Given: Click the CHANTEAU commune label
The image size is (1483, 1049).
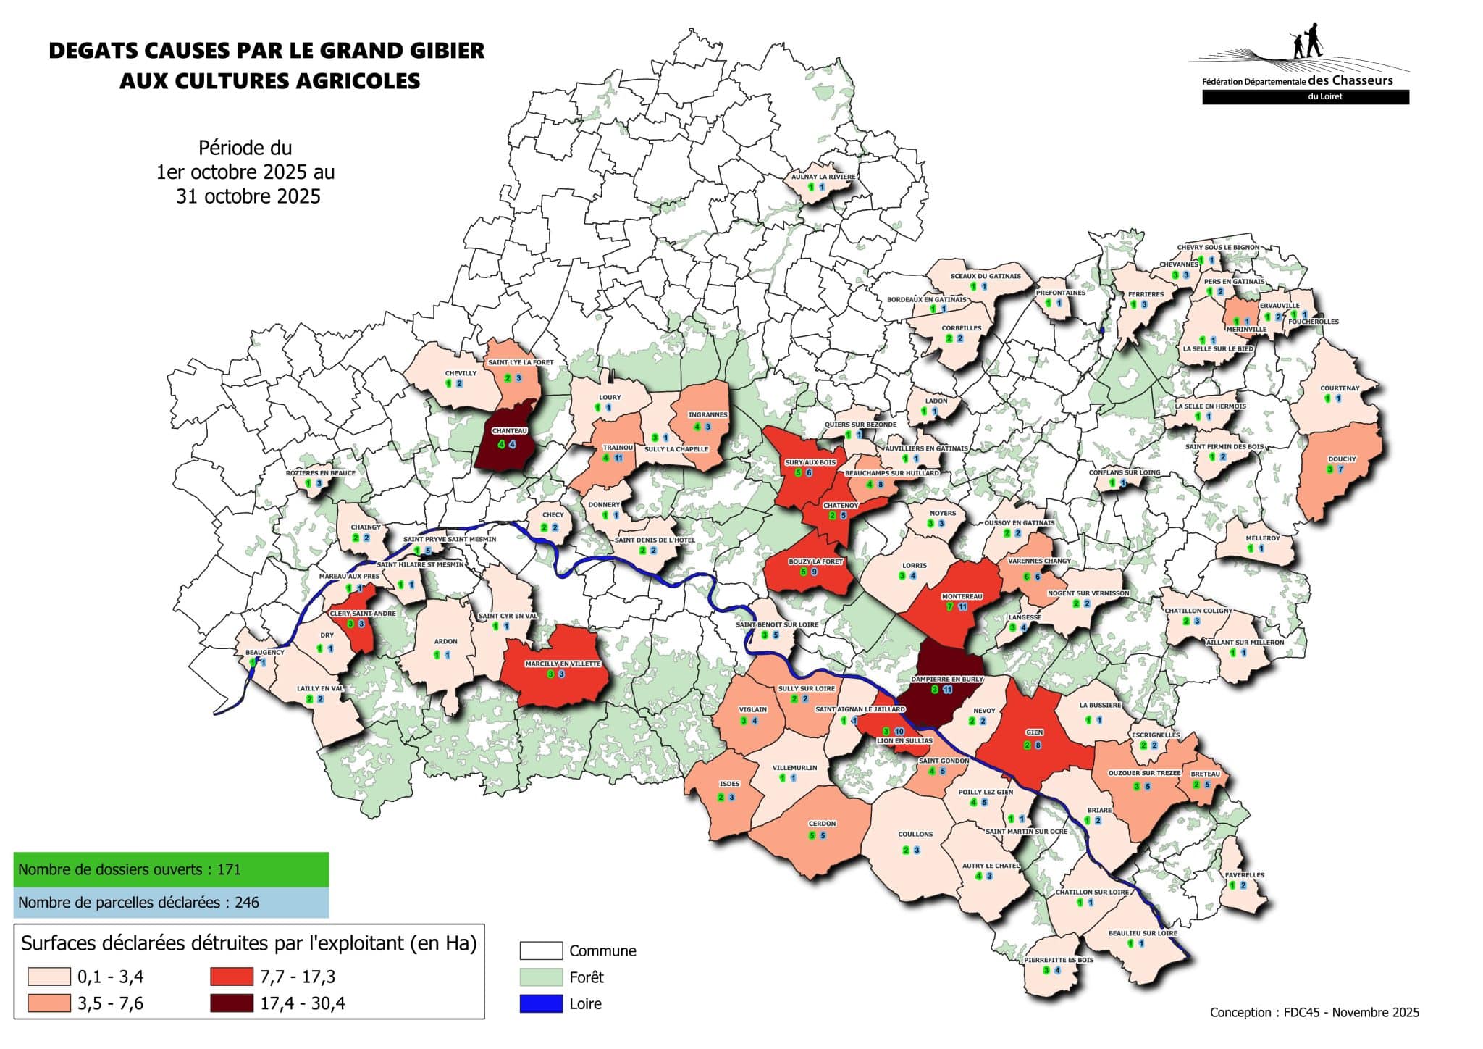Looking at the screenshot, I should (x=509, y=430).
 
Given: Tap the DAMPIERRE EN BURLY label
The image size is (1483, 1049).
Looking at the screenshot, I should (x=946, y=679).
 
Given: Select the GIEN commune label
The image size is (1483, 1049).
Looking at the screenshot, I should (x=1033, y=732).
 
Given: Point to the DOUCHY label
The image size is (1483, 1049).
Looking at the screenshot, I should (x=1342, y=459).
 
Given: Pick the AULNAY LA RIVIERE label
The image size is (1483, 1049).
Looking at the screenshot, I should (x=823, y=177).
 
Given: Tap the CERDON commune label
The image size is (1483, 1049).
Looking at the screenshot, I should (x=822, y=823).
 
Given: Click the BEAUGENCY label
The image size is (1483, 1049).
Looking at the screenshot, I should (x=264, y=652).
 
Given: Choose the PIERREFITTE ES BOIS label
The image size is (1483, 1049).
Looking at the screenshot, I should (x=1059, y=959).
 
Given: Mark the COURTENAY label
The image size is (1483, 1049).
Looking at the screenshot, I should (x=1340, y=388).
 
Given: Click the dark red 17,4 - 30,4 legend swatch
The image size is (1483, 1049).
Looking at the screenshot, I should (x=231, y=1003).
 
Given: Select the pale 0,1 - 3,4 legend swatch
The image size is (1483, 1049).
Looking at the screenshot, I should (x=49, y=977).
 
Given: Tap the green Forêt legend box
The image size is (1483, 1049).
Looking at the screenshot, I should (x=540, y=977).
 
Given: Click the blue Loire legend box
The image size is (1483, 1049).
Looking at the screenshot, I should (x=540, y=1004).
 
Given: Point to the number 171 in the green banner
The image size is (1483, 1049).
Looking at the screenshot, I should (x=229, y=869).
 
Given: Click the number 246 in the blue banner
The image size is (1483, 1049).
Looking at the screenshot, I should (x=247, y=903).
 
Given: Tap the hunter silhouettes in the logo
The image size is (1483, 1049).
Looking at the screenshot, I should (x=1308, y=43).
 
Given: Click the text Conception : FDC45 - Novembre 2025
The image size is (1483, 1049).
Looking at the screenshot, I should (x=1314, y=1012).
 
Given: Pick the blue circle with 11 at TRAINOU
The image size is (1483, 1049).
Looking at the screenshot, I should (x=618, y=458).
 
